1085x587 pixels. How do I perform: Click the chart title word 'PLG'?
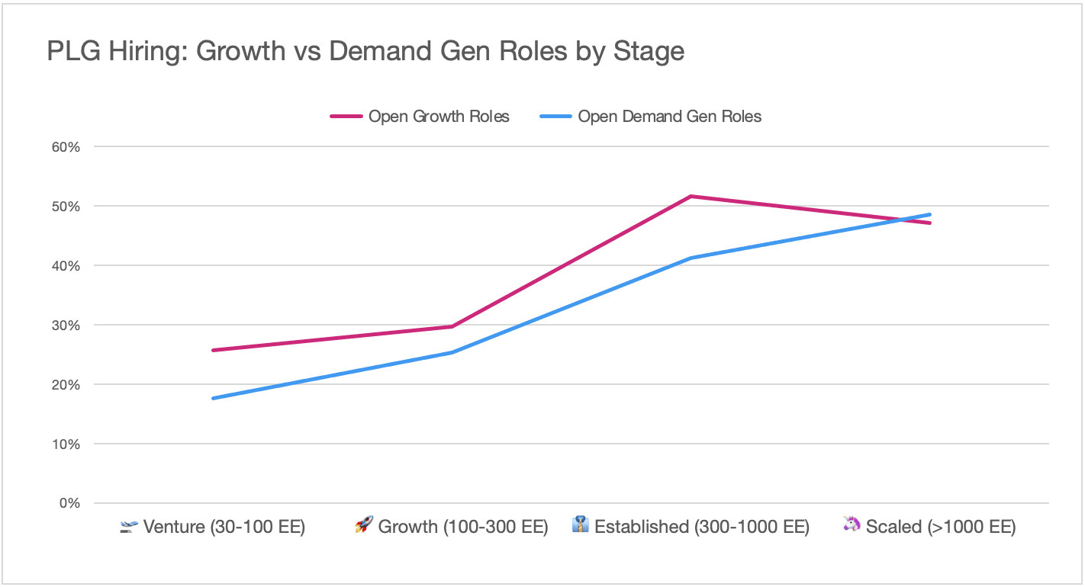coord(73,51)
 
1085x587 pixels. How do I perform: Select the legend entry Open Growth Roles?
coord(420,117)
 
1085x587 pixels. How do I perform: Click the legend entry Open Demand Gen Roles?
coord(651,117)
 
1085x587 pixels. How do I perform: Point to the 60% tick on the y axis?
coord(66,146)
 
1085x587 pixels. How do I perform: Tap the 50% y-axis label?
coord(66,207)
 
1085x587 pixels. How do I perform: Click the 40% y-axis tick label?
coord(66,265)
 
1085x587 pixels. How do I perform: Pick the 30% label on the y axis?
coord(66,326)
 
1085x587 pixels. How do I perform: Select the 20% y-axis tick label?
coord(66,385)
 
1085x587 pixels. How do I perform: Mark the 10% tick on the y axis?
coord(66,444)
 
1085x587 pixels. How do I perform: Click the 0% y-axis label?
coord(69,503)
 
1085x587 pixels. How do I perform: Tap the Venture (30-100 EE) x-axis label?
coord(224,527)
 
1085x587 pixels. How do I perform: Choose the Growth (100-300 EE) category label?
coord(463,527)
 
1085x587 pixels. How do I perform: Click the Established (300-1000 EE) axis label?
coord(702,527)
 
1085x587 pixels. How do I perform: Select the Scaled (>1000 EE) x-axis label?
coord(941,527)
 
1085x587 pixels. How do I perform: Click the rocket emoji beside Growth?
coord(364,524)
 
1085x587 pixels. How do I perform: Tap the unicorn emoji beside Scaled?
coord(852,524)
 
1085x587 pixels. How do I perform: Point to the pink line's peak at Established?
coord(691,196)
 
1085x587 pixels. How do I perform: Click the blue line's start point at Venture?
coord(213,398)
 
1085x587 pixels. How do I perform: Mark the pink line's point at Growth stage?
coord(452,326)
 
